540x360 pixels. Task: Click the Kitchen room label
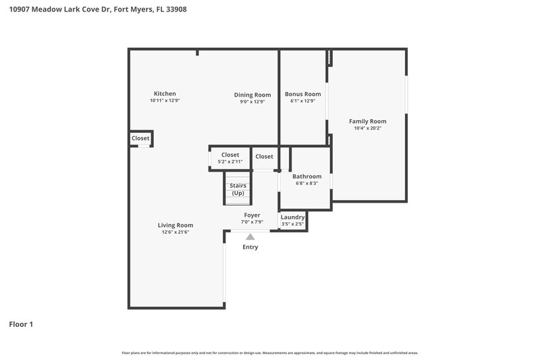pyautogui.click(x=165, y=94)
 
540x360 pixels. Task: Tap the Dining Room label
pyautogui.click(x=252, y=95)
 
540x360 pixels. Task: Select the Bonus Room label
pyautogui.click(x=302, y=95)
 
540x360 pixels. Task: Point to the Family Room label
pyautogui.click(x=367, y=122)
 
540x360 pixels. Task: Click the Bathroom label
pyautogui.click(x=306, y=176)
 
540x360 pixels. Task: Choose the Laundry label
pyautogui.click(x=292, y=217)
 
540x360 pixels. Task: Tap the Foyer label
pyautogui.click(x=252, y=215)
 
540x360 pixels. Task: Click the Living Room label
pyautogui.click(x=175, y=225)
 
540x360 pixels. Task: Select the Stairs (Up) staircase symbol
pyautogui.click(x=238, y=189)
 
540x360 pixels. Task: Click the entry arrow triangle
pyautogui.click(x=250, y=236)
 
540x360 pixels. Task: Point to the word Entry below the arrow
pyautogui.click(x=250, y=247)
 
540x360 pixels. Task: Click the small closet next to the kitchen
pyautogui.click(x=140, y=138)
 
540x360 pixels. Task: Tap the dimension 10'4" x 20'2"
pyautogui.click(x=367, y=128)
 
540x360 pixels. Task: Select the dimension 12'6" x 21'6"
pyautogui.click(x=175, y=232)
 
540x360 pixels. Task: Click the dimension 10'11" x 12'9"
pyautogui.click(x=165, y=101)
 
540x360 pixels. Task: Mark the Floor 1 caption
pyautogui.click(x=21, y=324)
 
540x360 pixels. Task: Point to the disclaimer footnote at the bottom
pyautogui.click(x=269, y=353)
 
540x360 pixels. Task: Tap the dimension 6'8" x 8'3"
pyautogui.click(x=306, y=183)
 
